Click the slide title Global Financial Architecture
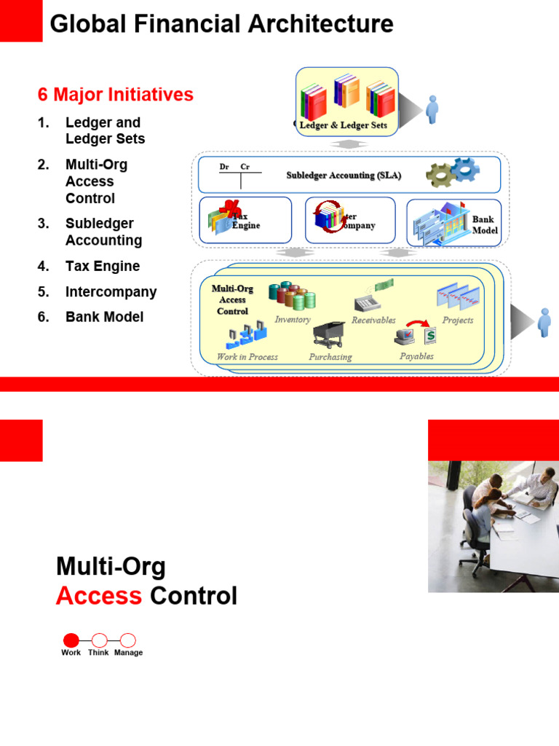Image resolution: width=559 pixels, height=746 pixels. coord(221,24)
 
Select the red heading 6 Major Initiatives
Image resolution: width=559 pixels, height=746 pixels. coord(116,95)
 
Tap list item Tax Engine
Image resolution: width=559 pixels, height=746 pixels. coord(103,266)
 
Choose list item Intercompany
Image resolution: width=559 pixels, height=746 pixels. coord(111,291)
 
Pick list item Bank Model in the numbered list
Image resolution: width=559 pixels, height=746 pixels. coord(104,317)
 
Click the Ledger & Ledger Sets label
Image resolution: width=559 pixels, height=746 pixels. coord(344,125)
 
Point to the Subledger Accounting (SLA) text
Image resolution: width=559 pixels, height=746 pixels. coord(344,176)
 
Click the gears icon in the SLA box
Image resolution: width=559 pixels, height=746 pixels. coord(452,173)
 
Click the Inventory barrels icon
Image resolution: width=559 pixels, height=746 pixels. coord(292,296)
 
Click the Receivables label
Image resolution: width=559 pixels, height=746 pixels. coord(373,320)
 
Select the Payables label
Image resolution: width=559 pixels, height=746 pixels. coord(416,356)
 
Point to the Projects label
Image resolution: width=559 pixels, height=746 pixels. coord(458,320)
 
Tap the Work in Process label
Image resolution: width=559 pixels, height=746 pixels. coord(247,357)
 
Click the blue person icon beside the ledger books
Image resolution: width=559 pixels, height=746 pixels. coord(432,109)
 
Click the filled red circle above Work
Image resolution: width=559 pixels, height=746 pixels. coord(71,640)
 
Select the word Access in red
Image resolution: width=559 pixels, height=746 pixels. coord(98,596)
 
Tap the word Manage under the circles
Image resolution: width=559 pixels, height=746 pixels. coord(128,653)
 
